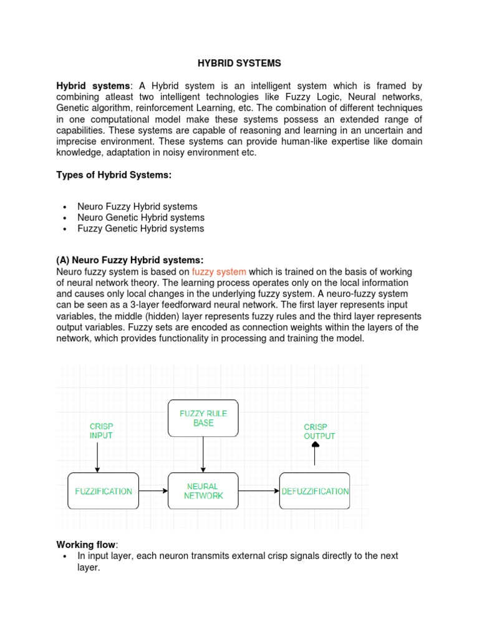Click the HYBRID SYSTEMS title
point(239,63)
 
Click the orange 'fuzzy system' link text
point(219,271)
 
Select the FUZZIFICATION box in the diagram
point(104,491)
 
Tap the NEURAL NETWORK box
point(203,491)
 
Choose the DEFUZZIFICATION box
point(315,491)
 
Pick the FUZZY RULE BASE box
point(203,418)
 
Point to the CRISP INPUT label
point(100,431)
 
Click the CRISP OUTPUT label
point(319,431)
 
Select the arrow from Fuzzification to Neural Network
point(153,491)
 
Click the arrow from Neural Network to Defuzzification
point(259,491)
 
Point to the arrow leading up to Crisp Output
point(315,454)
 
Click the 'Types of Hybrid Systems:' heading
point(114,175)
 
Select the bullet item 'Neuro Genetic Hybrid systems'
point(140,218)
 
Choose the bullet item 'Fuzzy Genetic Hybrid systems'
point(140,228)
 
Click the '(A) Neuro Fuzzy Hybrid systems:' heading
point(130,260)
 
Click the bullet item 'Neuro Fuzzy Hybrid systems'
point(137,207)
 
